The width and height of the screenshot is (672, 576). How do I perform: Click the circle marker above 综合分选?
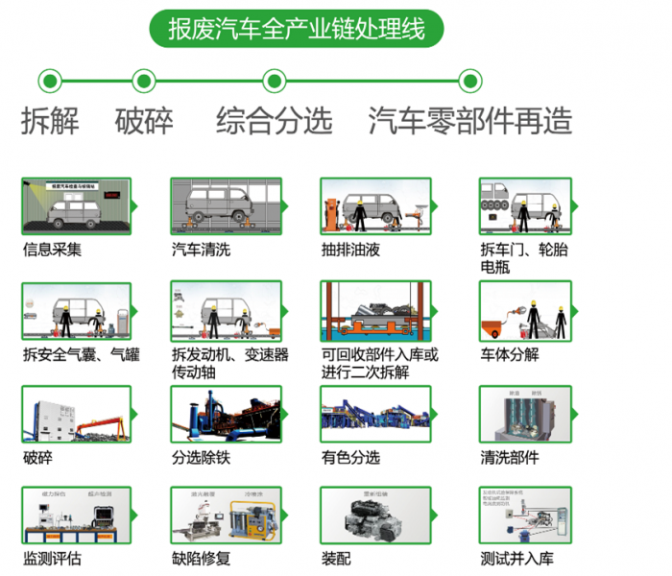(275, 81)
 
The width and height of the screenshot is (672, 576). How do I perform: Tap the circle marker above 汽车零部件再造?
(469, 81)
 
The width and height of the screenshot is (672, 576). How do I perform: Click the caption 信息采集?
(52, 251)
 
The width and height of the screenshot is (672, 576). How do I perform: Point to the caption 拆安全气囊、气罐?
(81, 354)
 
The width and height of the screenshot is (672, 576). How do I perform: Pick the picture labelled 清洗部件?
(524, 416)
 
